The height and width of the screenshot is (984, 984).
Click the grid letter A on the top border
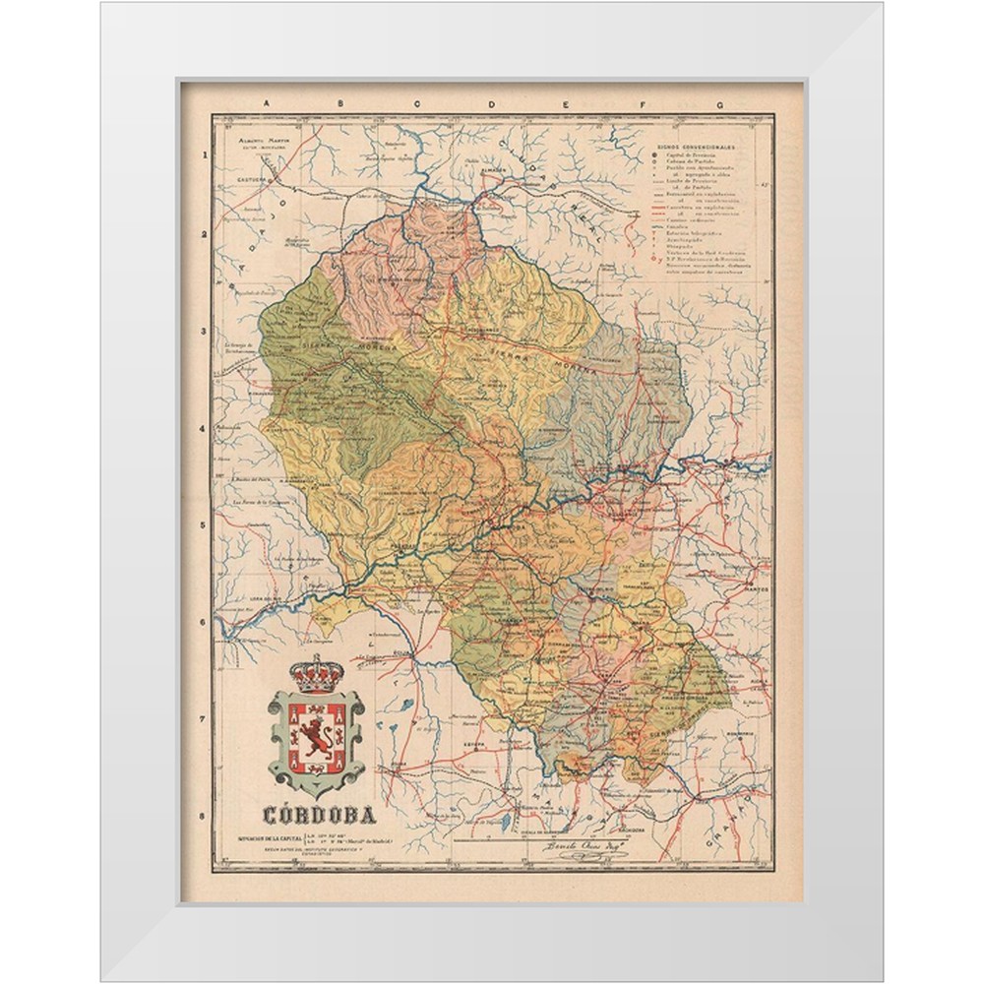tap(263, 103)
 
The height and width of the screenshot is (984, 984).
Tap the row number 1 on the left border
tap(204, 155)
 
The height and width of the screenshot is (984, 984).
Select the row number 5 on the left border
tap(204, 525)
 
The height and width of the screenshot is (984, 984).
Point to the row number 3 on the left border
tap(204, 332)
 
